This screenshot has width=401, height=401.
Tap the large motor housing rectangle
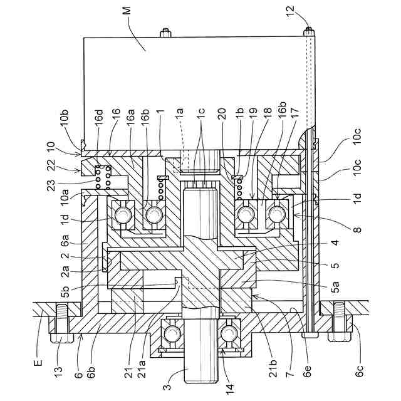pyautogui.click(x=200, y=88)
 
